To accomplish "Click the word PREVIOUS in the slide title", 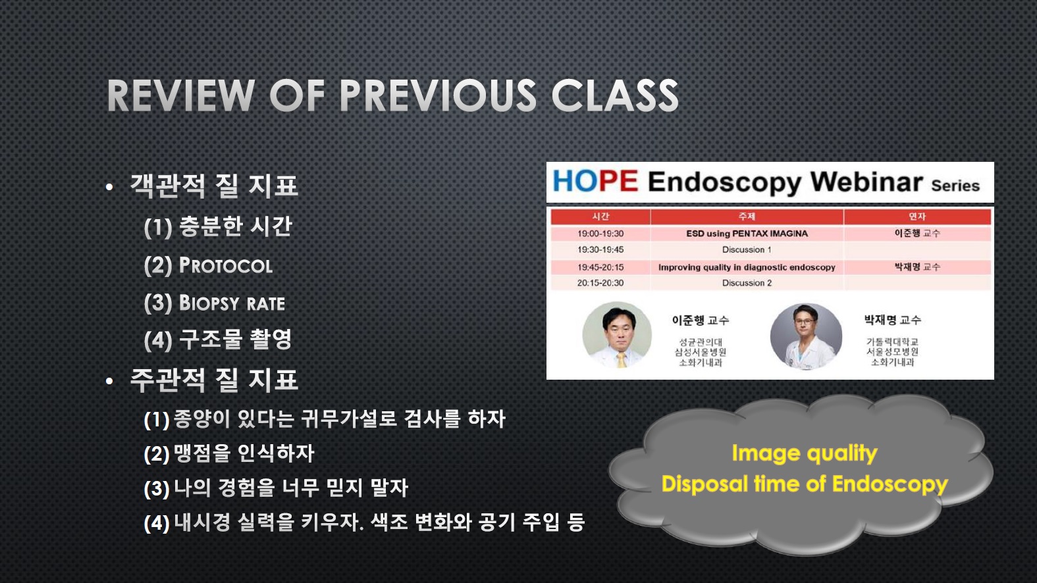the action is [x=437, y=95].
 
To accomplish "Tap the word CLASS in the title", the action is [x=615, y=95].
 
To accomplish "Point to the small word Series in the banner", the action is [x=955, y=186].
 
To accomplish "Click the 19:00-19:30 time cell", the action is [x=600, y=234].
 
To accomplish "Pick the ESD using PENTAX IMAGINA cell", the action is [x=747, y=234].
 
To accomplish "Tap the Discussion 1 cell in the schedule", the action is [x=747, y=250].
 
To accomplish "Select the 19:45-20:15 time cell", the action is [x=600, y=267].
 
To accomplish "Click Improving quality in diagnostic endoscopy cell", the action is [x=747, y=267].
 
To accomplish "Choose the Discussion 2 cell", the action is [x=747, y=283].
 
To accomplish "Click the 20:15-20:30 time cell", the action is [x=600, y=283].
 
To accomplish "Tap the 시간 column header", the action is [x=600, y=216].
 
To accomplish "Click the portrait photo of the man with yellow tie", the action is [x=617, y=336].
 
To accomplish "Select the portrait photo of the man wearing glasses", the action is [x=806, y=336].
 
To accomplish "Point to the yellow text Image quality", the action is [x=805, y=453].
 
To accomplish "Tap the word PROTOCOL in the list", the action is [x=226, y=266].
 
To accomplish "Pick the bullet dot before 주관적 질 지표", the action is [x=109, y=381].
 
